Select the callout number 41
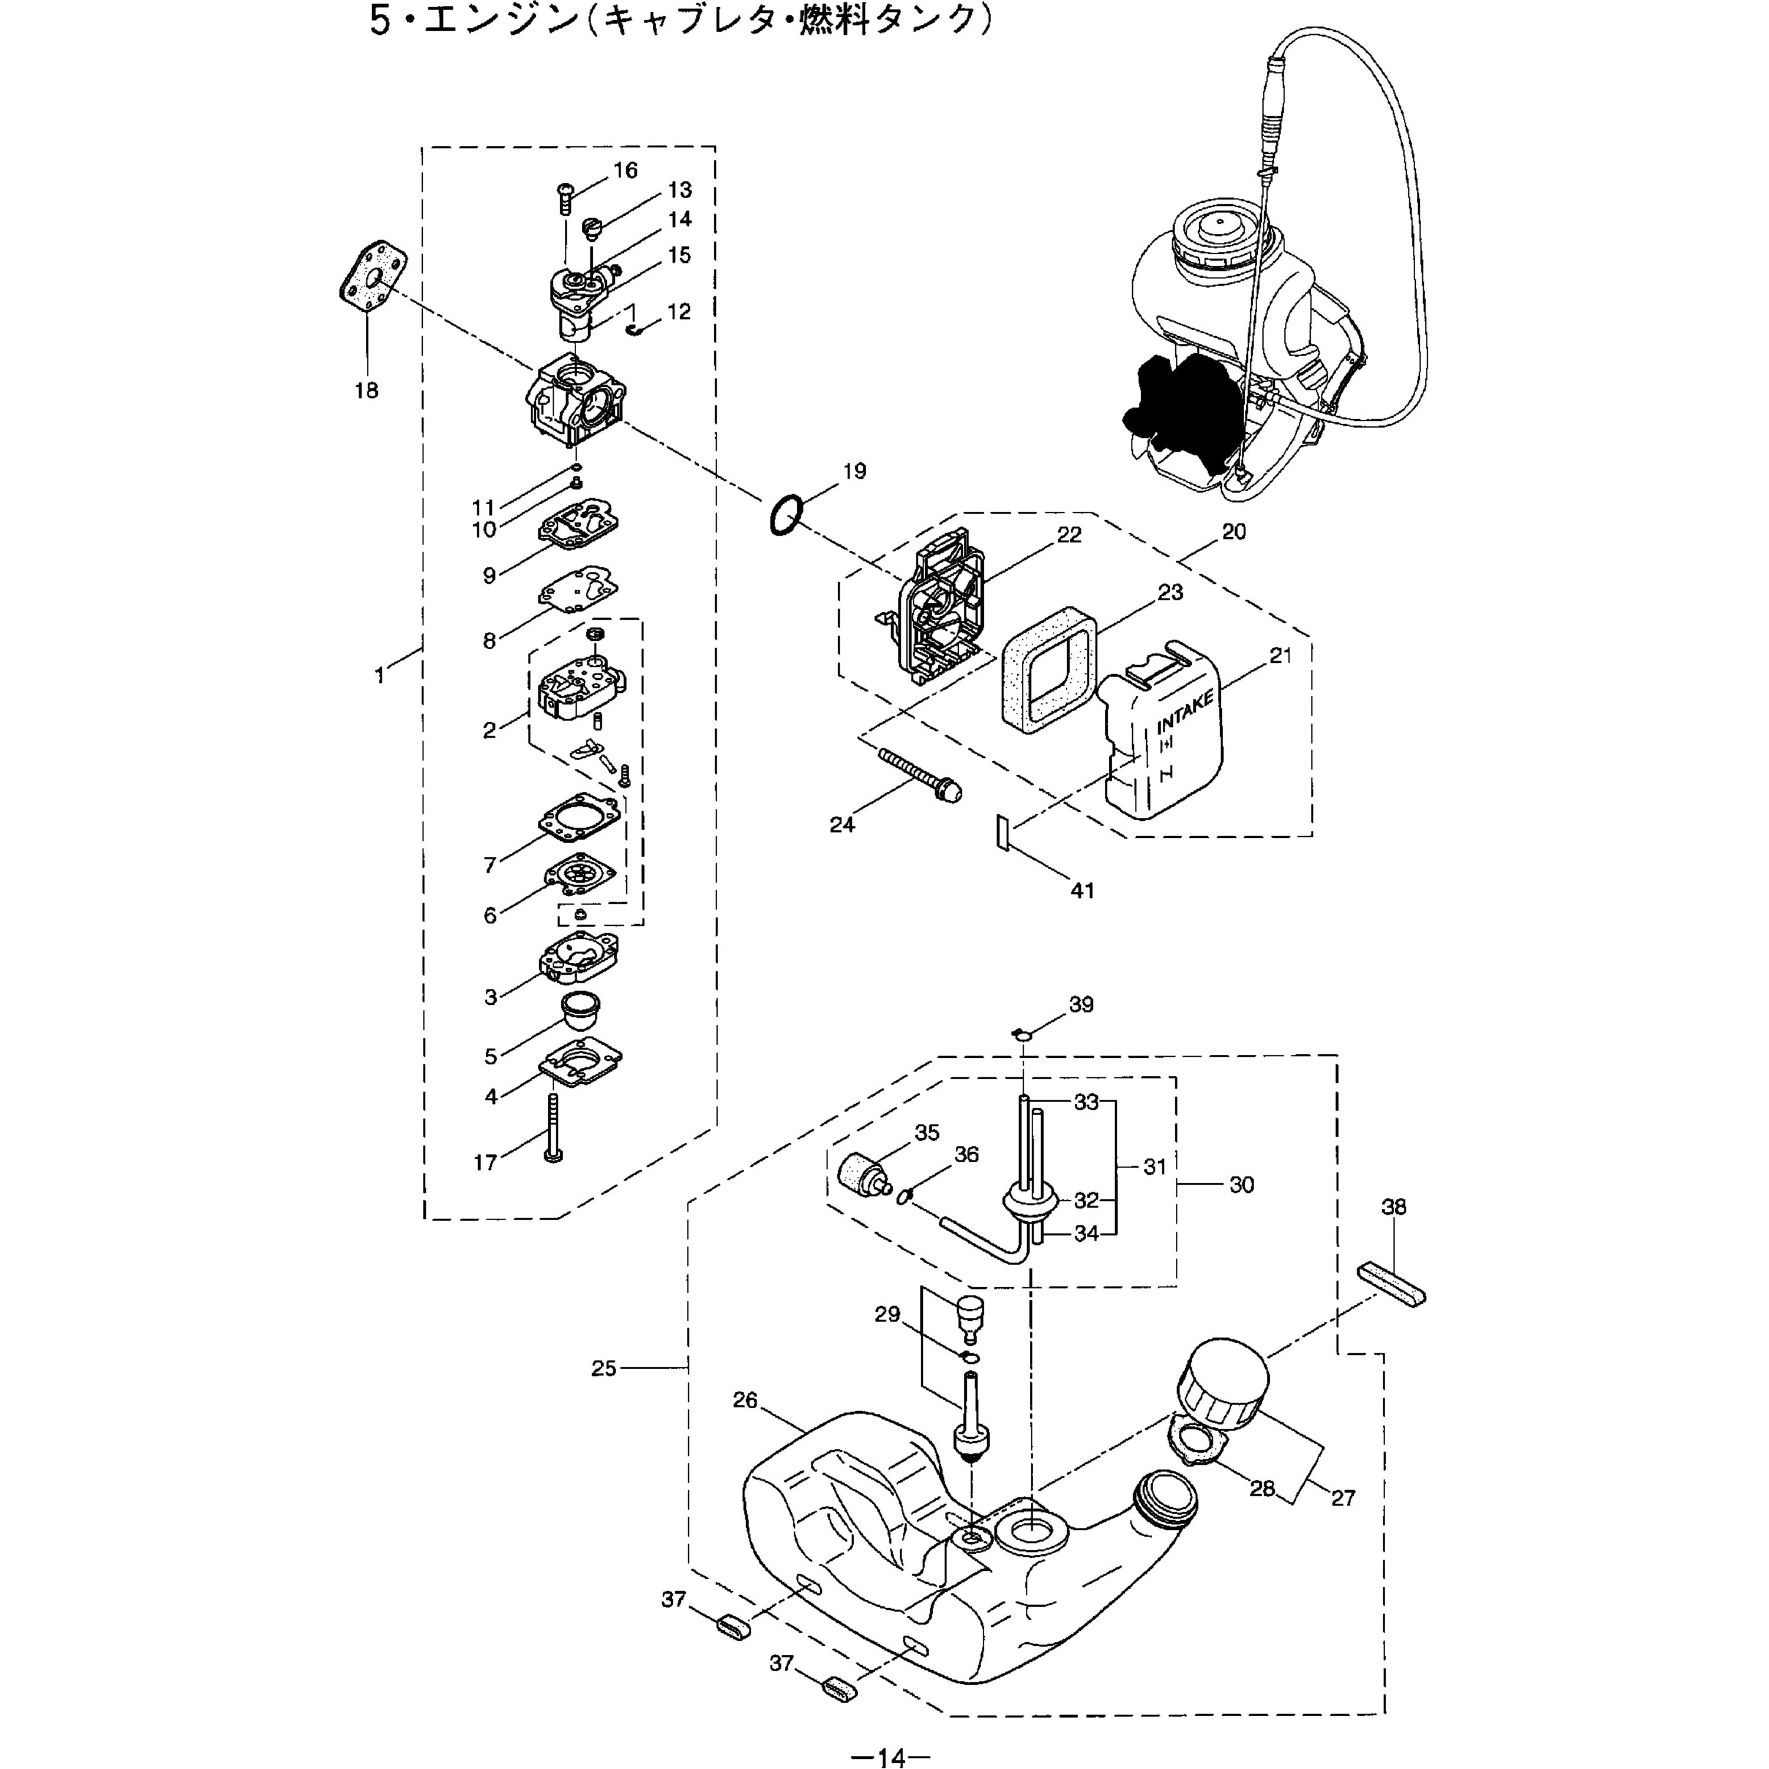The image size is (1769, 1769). point(1081,890)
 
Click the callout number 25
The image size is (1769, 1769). point(603,1369)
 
